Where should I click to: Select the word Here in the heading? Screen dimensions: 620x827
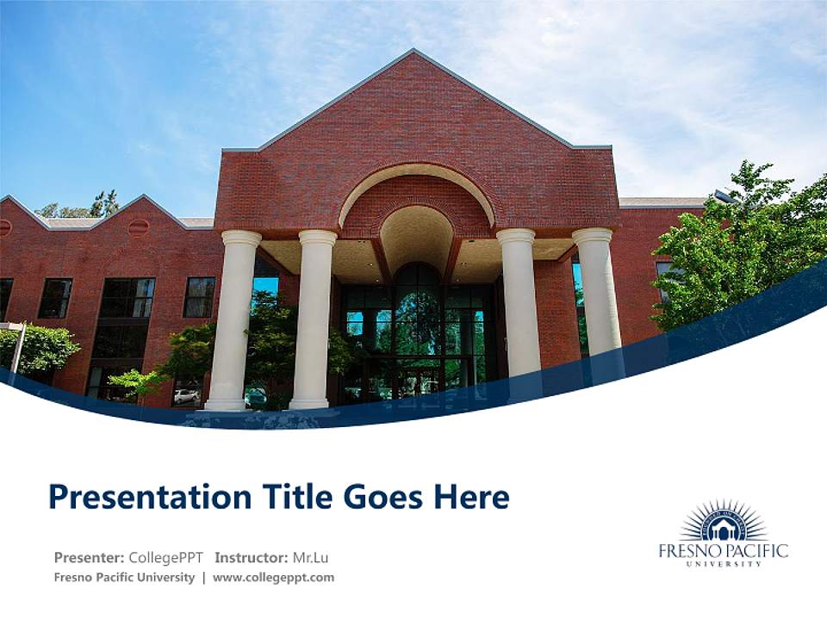[x=470, y=498]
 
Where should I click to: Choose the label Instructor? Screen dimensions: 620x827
[x=252, y=557]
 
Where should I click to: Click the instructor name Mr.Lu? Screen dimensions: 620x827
[x=310, y=557]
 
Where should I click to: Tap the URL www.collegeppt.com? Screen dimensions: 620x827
[x=273, y=578]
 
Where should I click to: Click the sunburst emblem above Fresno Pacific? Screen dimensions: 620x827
[x=724, y=522]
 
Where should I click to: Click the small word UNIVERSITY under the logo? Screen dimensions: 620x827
[x=724, y=564]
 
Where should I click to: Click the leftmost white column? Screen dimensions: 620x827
[x=233, y=319]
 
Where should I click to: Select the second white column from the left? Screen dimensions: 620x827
[x=314, y=319]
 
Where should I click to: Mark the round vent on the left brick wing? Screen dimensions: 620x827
[x=138, y=227]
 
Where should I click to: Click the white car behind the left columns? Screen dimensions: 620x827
[x=185, y=396]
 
